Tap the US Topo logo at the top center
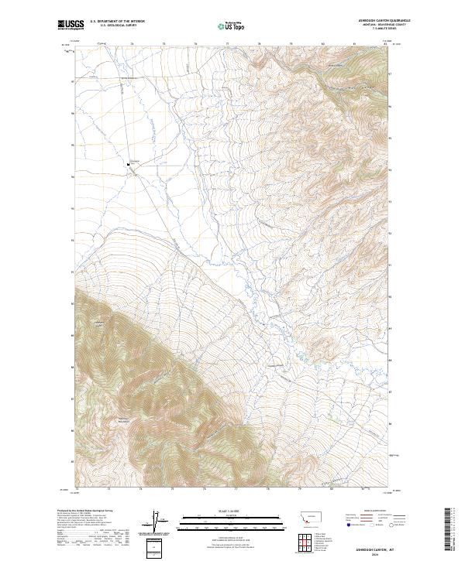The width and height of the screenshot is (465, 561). pos(230,26)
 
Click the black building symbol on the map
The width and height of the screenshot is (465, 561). pos(129,163)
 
